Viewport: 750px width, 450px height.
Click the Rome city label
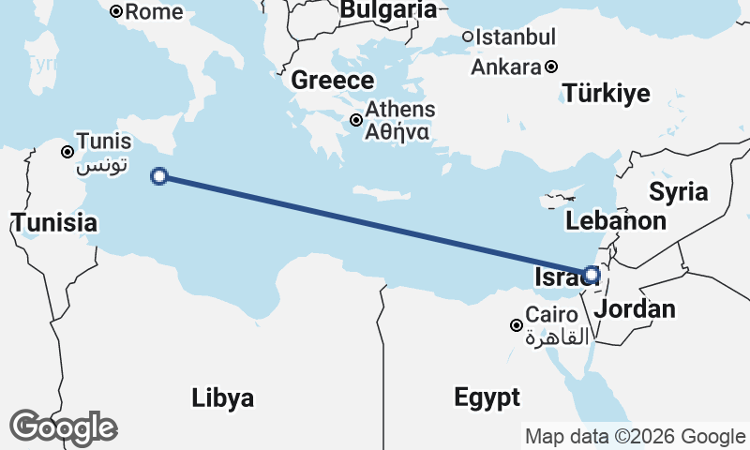click(155, 12)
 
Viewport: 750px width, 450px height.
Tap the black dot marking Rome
click(116, 12)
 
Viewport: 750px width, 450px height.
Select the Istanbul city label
click(516, 37)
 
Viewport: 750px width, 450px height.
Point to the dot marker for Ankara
click(552, 67)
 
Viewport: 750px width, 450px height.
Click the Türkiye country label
click(607, 93)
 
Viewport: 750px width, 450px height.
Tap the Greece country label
click(333, 81)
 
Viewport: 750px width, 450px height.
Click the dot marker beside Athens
click(356, 120)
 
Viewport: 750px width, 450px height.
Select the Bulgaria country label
click(388, 10)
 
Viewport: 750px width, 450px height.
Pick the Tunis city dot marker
click(67, 152)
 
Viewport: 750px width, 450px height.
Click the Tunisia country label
click(53, 223)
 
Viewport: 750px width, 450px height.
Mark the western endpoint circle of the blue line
click(159, 175)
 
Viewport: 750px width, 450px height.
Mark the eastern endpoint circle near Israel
click(591, 275)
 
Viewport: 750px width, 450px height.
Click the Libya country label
click(222, 397)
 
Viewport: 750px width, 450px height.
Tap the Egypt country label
click(487, 397)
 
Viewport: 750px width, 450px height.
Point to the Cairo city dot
click(516, 325)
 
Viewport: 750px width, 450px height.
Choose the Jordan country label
click(636, 309)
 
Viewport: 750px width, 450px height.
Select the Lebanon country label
click(616, 221)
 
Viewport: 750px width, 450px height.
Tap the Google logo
click(63, 427)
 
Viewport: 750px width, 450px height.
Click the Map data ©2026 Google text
click(635, 436)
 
